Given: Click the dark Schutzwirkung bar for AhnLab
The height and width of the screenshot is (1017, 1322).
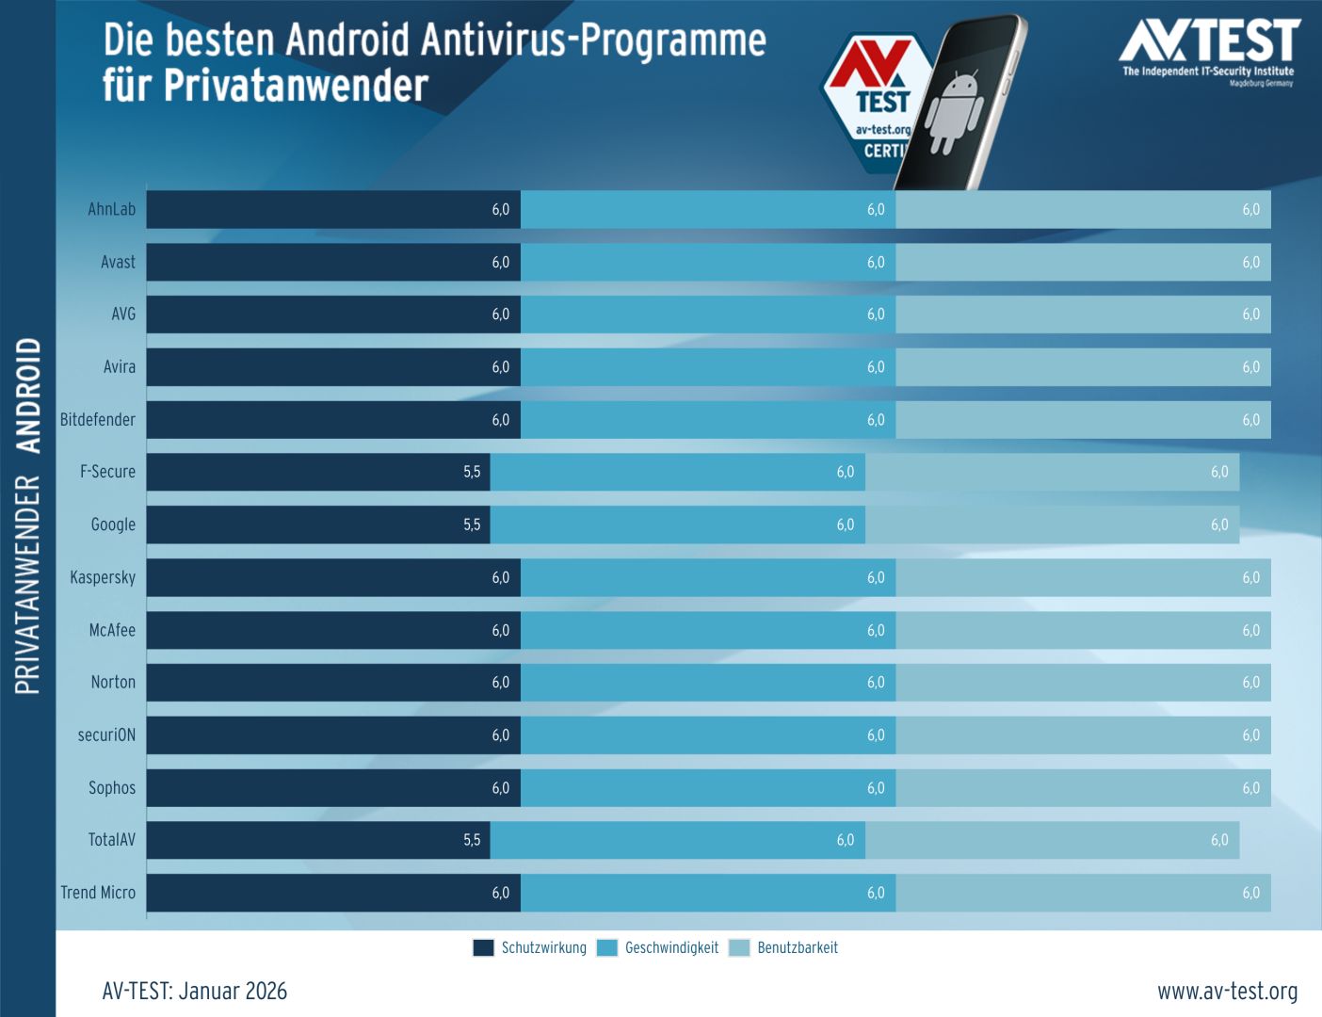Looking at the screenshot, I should [x=320, y=209].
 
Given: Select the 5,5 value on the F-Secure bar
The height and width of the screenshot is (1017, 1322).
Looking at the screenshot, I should [x=472, y=472].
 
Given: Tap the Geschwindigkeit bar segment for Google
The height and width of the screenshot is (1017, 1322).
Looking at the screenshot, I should [x=678, y=525].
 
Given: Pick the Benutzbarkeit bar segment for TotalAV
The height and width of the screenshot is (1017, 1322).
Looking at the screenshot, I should [x=1052, y=840].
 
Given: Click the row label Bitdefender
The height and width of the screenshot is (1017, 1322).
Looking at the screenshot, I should [x=98, y=420].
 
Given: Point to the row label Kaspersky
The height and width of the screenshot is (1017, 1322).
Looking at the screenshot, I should [x=103, y=577].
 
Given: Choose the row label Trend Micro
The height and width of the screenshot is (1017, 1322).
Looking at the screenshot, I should [x=98, y=893].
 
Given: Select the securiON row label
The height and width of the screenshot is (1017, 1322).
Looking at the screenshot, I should [x=106, y=735].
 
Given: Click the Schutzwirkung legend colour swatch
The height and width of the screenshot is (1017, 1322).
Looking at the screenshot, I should [x=483, y=948].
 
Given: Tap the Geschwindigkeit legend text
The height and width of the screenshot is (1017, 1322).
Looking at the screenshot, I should [x=671, y=948].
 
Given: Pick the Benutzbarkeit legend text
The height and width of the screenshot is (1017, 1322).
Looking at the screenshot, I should [x=798, y=948].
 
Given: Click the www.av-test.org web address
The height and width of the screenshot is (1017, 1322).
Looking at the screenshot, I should [x=1227, y=992].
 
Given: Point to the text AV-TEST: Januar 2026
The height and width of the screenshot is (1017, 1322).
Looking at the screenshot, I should [x=195, y=992].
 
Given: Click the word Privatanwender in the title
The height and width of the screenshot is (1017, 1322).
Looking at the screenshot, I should [x=296, y=86].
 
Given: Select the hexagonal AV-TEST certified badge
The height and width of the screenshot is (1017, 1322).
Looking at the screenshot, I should [x=871, y=104].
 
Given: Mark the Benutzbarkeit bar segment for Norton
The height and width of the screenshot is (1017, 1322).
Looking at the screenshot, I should [x=1083, y=683].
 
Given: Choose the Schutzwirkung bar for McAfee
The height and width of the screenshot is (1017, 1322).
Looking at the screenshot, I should [x=320, y=630].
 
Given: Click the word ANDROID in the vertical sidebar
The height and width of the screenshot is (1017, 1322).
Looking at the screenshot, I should [x=29, y=395].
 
